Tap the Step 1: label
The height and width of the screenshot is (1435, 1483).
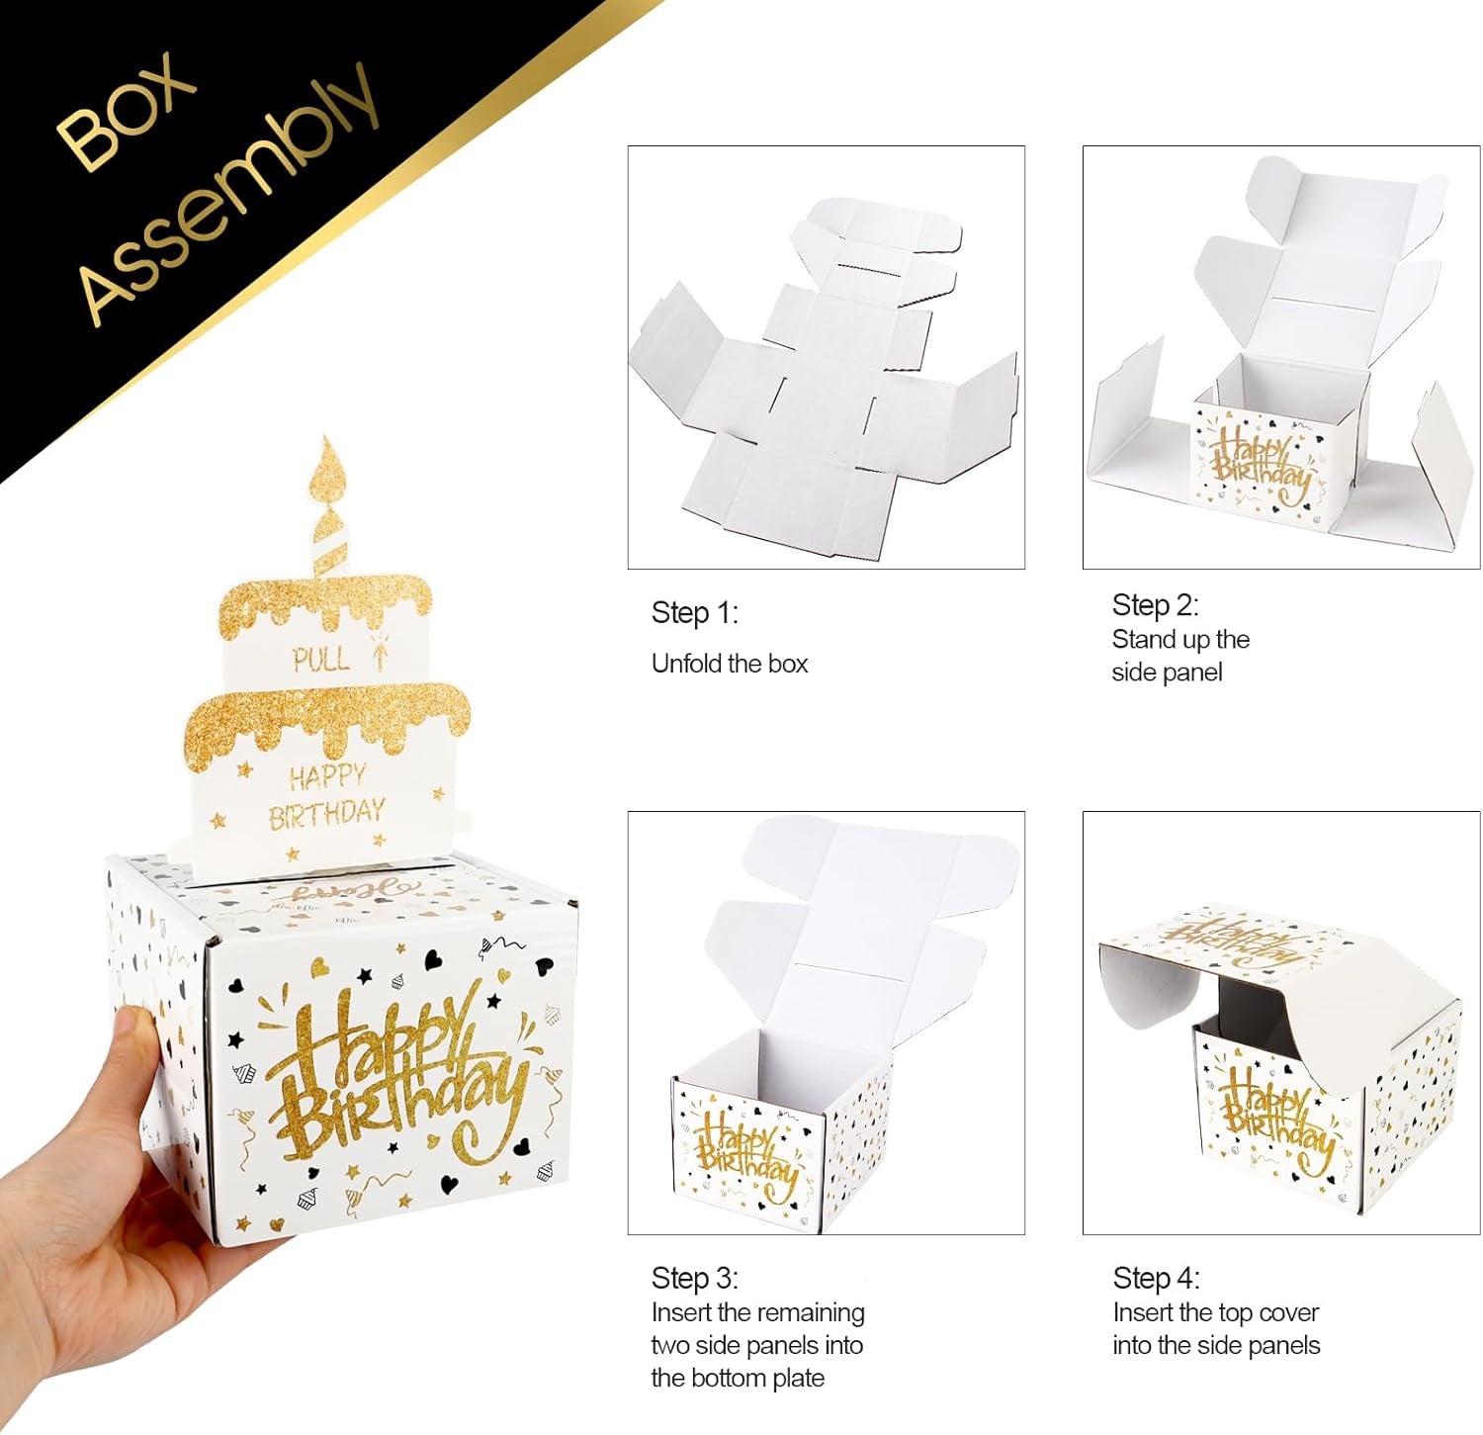click(694, 613)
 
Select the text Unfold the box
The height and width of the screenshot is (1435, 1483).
click(730, 664)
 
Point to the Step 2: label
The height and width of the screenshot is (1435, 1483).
click(1155, 605)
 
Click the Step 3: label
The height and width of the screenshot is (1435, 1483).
click(694, 1278)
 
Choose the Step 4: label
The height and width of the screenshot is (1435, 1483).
click(1156, 1278)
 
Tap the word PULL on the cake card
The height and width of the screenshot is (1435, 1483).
click(320, 660)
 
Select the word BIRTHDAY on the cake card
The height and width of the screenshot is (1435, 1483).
click(326, 814)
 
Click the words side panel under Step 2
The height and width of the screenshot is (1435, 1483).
click(1167, 673)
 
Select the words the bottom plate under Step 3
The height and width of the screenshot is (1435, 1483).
click(738, 1378)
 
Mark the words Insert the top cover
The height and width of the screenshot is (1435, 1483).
click(1215, 1312)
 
